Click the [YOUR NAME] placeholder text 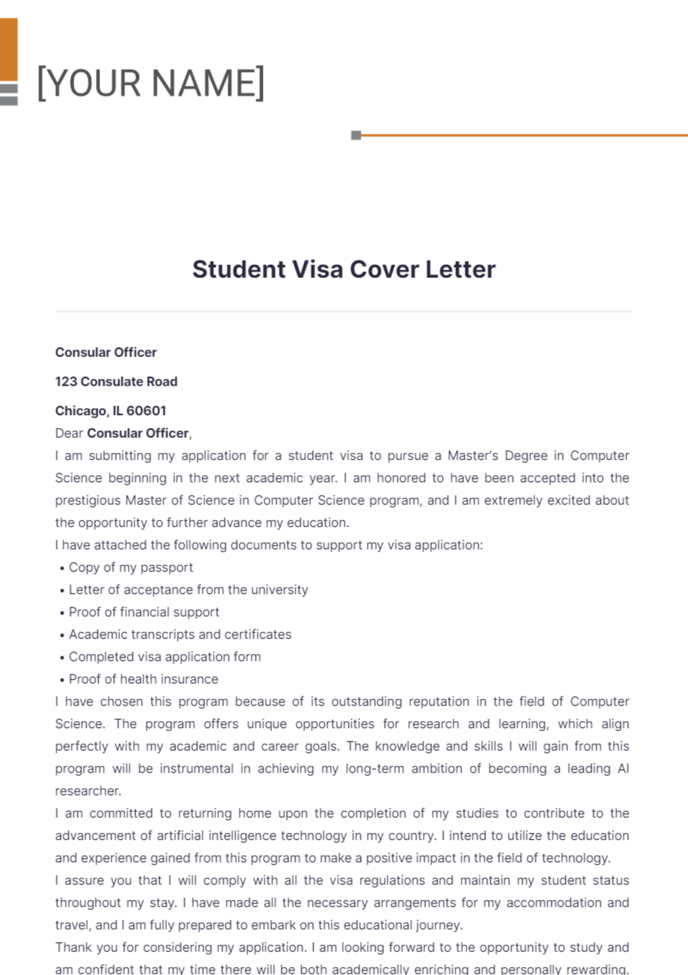pos(151,83)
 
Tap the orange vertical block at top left pos(9,49)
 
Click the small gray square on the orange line pos(356,135)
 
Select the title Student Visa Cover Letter pos(343,269)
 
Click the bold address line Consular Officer pos(105,353)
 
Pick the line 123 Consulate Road pos(116,382)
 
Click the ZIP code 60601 pos(146,411)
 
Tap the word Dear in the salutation pos(69,433)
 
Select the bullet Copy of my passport pos(131,567)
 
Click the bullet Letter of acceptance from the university pos(188,590)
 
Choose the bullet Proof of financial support pos(144,612)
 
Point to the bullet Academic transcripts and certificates pos(180,635)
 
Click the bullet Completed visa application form pos(165,657)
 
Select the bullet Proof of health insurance pos(143,679)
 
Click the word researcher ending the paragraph pos(87,791)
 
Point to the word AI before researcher pos(623,769)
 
